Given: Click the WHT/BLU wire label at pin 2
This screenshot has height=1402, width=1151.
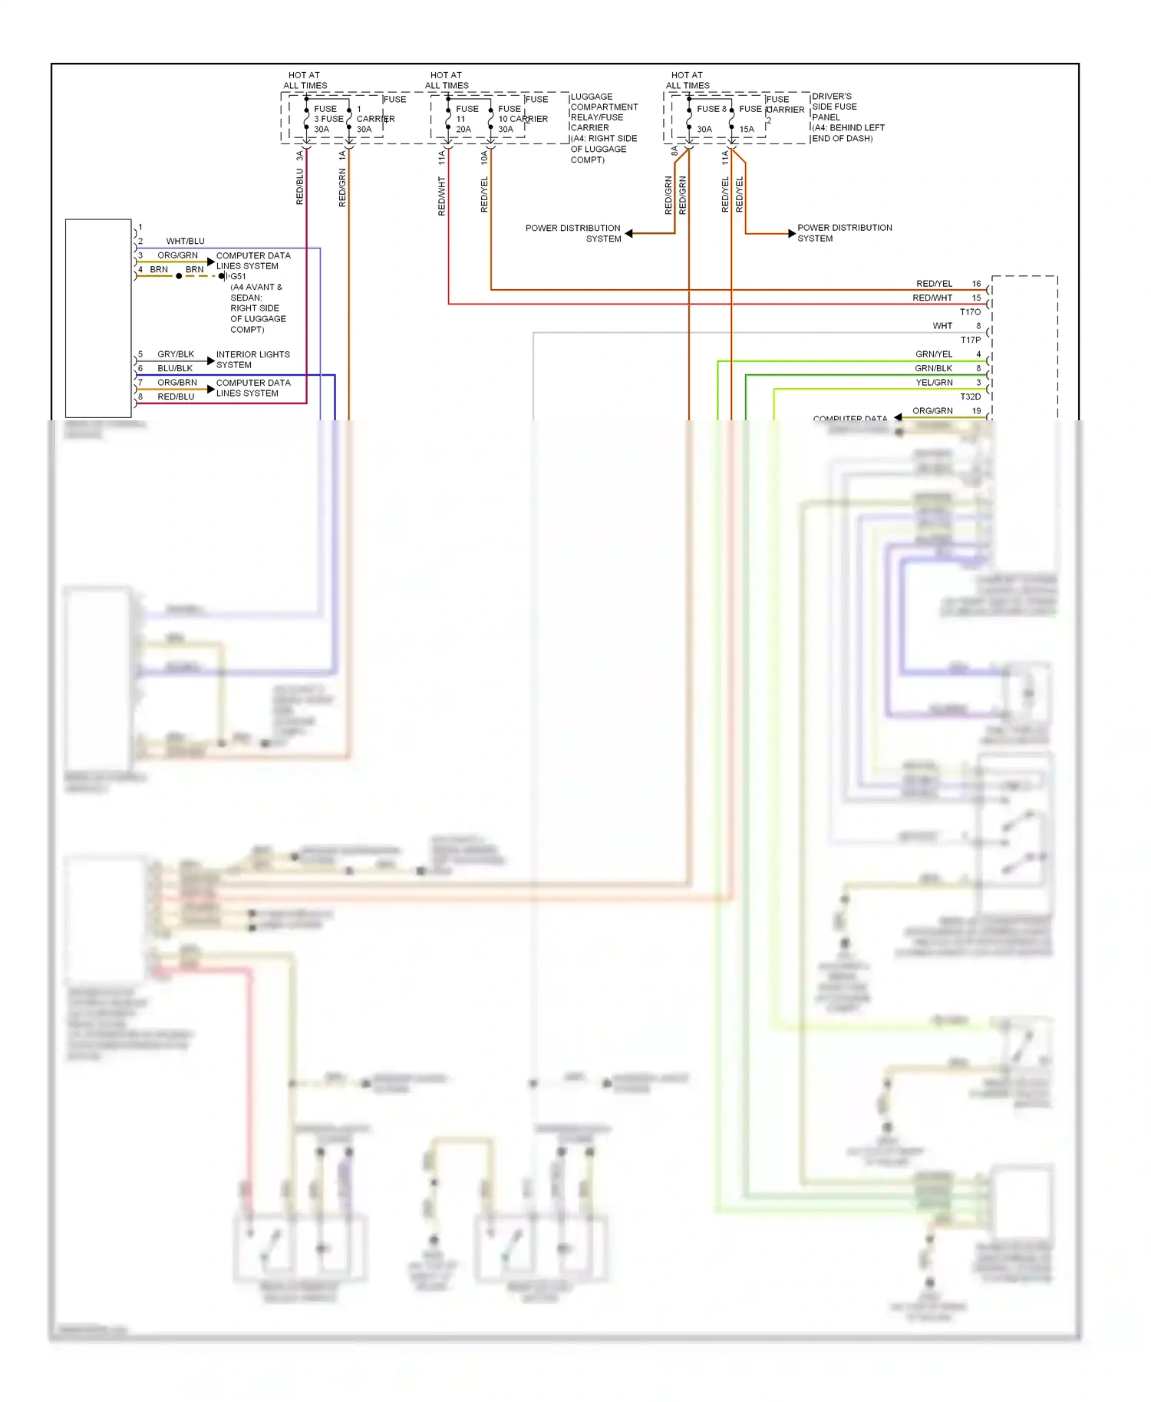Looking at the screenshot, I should tap(185, 241).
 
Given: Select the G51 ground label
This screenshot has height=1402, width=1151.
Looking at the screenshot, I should tap(239, 277).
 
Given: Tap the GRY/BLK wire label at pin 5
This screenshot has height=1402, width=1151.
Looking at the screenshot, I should tap(176, 354).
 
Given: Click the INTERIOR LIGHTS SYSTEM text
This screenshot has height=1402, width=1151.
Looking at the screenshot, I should tap(252, 360).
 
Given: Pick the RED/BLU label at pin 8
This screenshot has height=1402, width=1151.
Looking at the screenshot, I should tap(176, 397).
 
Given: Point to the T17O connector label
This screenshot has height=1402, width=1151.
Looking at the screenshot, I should tap(970, 312).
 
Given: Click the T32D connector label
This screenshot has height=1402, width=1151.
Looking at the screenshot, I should tap(970, 397).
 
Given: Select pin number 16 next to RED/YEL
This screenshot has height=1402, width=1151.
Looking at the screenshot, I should tap(976, 284).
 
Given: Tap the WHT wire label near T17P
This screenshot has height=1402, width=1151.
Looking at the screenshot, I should tap(942, 326).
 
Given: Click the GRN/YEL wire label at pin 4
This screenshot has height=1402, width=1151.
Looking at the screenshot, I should tap(933, 354).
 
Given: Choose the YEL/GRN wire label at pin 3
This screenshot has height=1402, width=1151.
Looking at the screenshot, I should tap(934, 383).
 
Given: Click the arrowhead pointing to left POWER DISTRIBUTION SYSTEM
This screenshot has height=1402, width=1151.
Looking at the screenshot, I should tap(629, 233).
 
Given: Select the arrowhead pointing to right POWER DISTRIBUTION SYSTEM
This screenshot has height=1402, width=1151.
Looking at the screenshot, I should tap(791, 233).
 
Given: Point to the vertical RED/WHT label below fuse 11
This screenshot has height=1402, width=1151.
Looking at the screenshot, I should tap(442, 196).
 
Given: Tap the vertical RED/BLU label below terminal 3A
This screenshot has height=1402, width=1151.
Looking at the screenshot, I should tap(300, 186).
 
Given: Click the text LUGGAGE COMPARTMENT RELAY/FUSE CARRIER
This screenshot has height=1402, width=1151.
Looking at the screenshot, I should tap(603, 113).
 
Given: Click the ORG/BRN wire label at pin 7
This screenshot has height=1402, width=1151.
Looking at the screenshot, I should tap(177, 383).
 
